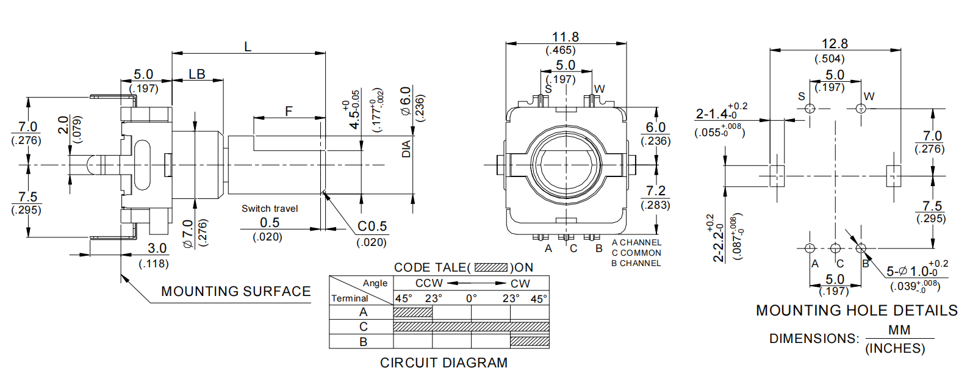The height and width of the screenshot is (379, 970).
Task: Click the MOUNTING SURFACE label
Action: (235, 292)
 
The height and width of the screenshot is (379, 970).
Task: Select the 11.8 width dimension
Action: (565, 37)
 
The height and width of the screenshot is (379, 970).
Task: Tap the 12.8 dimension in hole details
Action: (834, 44)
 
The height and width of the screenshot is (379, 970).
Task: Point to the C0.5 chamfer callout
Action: (372, 226)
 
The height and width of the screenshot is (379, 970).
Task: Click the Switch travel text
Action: (270, 209)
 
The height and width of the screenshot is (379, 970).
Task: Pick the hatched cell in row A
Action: (413, 312)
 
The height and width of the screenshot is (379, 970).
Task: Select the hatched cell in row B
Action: (530, 342)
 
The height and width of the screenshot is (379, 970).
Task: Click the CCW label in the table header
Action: (429, 284)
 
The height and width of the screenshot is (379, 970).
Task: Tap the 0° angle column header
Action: (471, 298)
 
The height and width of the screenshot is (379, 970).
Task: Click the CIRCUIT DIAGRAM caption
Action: (444, 363)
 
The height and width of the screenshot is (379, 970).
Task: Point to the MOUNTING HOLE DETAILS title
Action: (857, 311)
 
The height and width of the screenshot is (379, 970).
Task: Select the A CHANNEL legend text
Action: (636, 242)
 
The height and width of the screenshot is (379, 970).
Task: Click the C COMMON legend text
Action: (636, 253)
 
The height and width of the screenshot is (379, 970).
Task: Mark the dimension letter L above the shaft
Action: (248, 47)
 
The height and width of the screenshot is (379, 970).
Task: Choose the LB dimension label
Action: (197, 74)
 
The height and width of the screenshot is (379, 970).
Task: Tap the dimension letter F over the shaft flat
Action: (289, 111)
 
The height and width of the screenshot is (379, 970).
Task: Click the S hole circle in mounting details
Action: (810, 109)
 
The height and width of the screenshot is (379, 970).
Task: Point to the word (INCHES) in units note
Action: (895, 348)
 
